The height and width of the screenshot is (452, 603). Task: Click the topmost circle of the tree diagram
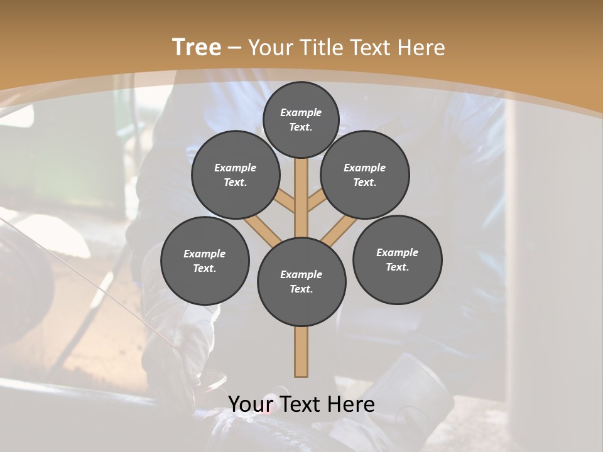pos(301,119)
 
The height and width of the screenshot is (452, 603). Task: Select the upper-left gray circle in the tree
pos(236,175)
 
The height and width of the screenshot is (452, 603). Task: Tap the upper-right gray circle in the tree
pos(365,175)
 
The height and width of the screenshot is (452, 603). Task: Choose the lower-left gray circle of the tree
pos(205,261)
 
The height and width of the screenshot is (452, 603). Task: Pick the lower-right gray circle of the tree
pos(397,259)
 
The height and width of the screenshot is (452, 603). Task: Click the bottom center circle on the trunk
pos(301,281)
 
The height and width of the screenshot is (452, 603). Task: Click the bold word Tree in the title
pos(197,47)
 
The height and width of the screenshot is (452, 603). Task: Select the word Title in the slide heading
pos(321,47)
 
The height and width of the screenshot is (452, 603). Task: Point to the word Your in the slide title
pos(271,47)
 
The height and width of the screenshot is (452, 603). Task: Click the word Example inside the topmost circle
pos(301,112)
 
